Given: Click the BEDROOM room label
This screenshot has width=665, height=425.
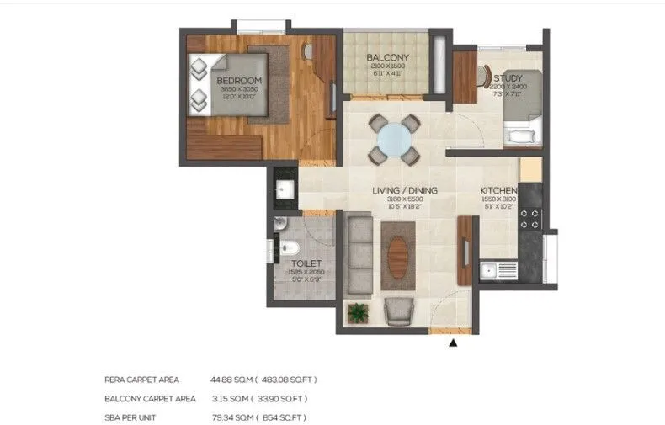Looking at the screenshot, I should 240,81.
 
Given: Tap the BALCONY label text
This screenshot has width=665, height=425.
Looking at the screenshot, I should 387,58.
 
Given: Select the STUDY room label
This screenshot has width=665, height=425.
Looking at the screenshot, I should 508,78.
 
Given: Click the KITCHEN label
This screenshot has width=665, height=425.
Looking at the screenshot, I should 498,191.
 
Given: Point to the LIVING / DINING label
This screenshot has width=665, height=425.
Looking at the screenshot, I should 405,191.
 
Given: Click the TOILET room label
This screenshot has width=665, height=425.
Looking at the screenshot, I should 302,263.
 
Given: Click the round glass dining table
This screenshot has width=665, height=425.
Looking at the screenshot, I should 394,139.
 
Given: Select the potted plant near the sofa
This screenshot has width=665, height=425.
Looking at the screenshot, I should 359,312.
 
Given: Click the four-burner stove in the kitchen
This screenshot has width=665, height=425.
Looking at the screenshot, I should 531,220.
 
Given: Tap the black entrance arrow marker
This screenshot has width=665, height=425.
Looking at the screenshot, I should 455,343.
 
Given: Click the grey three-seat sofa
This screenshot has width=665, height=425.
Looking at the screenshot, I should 360,253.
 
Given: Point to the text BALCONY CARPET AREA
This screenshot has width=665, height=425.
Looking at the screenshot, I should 150,398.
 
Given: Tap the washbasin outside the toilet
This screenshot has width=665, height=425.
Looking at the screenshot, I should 284,189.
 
